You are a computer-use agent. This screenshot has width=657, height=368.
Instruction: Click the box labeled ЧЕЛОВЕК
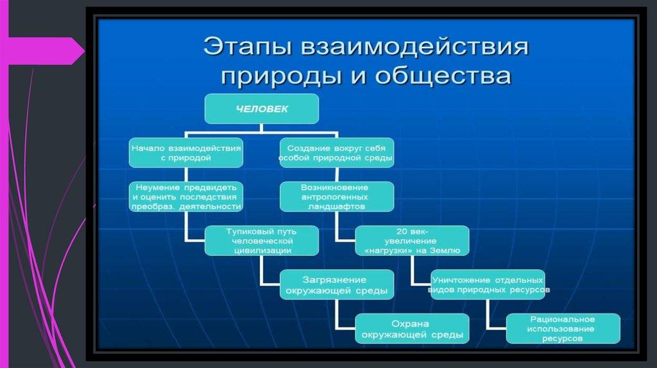click(x=261, y=108)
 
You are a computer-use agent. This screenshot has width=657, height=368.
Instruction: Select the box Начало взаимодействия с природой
click(x=186, y=151)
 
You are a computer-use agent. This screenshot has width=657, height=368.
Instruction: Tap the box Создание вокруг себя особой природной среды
click(x=336, y=151)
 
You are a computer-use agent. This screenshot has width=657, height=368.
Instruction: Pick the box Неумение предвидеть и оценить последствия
click(x=186, y=197)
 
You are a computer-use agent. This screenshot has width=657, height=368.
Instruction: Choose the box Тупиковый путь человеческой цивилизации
click(x=261, y=240)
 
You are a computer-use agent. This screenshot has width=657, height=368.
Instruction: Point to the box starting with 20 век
click(x=412, y=240)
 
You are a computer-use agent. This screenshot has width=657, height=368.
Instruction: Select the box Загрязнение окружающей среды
click(x=336, y=285)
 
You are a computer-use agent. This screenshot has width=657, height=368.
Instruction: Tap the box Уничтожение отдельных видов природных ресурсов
click(x=488, y=285)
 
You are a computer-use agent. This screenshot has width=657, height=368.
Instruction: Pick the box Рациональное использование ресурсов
click(x=563, y=328)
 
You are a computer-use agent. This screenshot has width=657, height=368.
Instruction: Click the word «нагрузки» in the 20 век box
click(x=391, y=251)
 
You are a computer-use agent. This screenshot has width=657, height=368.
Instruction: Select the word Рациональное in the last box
click(x=563, y=319)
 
